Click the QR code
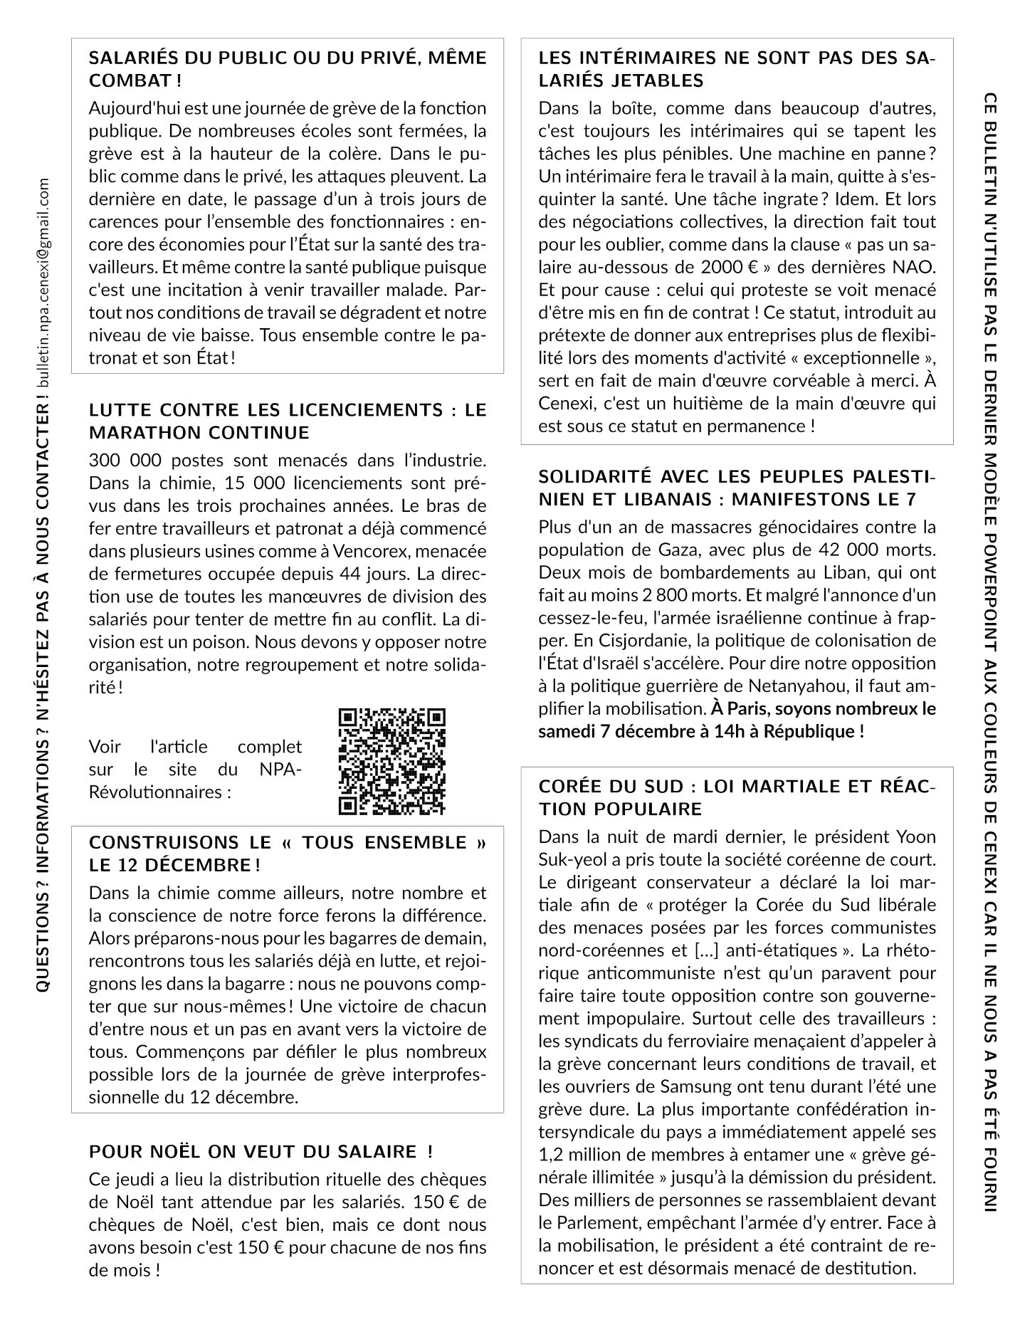point(391,761)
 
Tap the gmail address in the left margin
point(44,285)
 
